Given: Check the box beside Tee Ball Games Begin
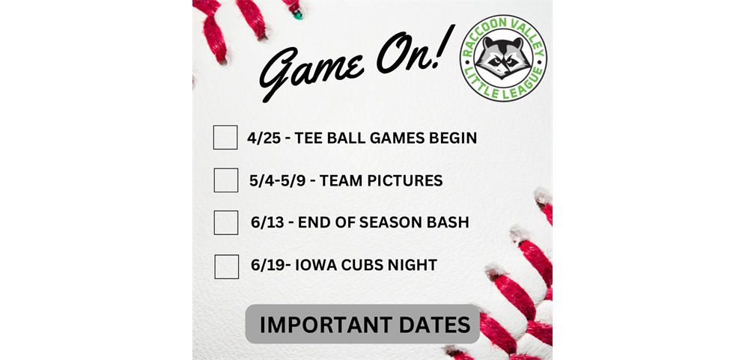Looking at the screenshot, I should [x=225, y=138].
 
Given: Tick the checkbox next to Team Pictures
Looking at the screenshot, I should [x=226, y=180].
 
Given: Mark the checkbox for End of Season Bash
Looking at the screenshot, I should [x=226, y=222].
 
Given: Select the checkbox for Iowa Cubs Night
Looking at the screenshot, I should [x=227, y=266].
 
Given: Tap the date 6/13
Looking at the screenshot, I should [x=268, y=223].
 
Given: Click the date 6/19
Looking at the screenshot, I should [x=267, y=265].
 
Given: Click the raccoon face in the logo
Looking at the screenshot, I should [x=503, y=57].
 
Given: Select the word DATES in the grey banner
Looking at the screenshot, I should [x=436, y=325].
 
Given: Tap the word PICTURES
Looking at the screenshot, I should [x=402, y=180].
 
